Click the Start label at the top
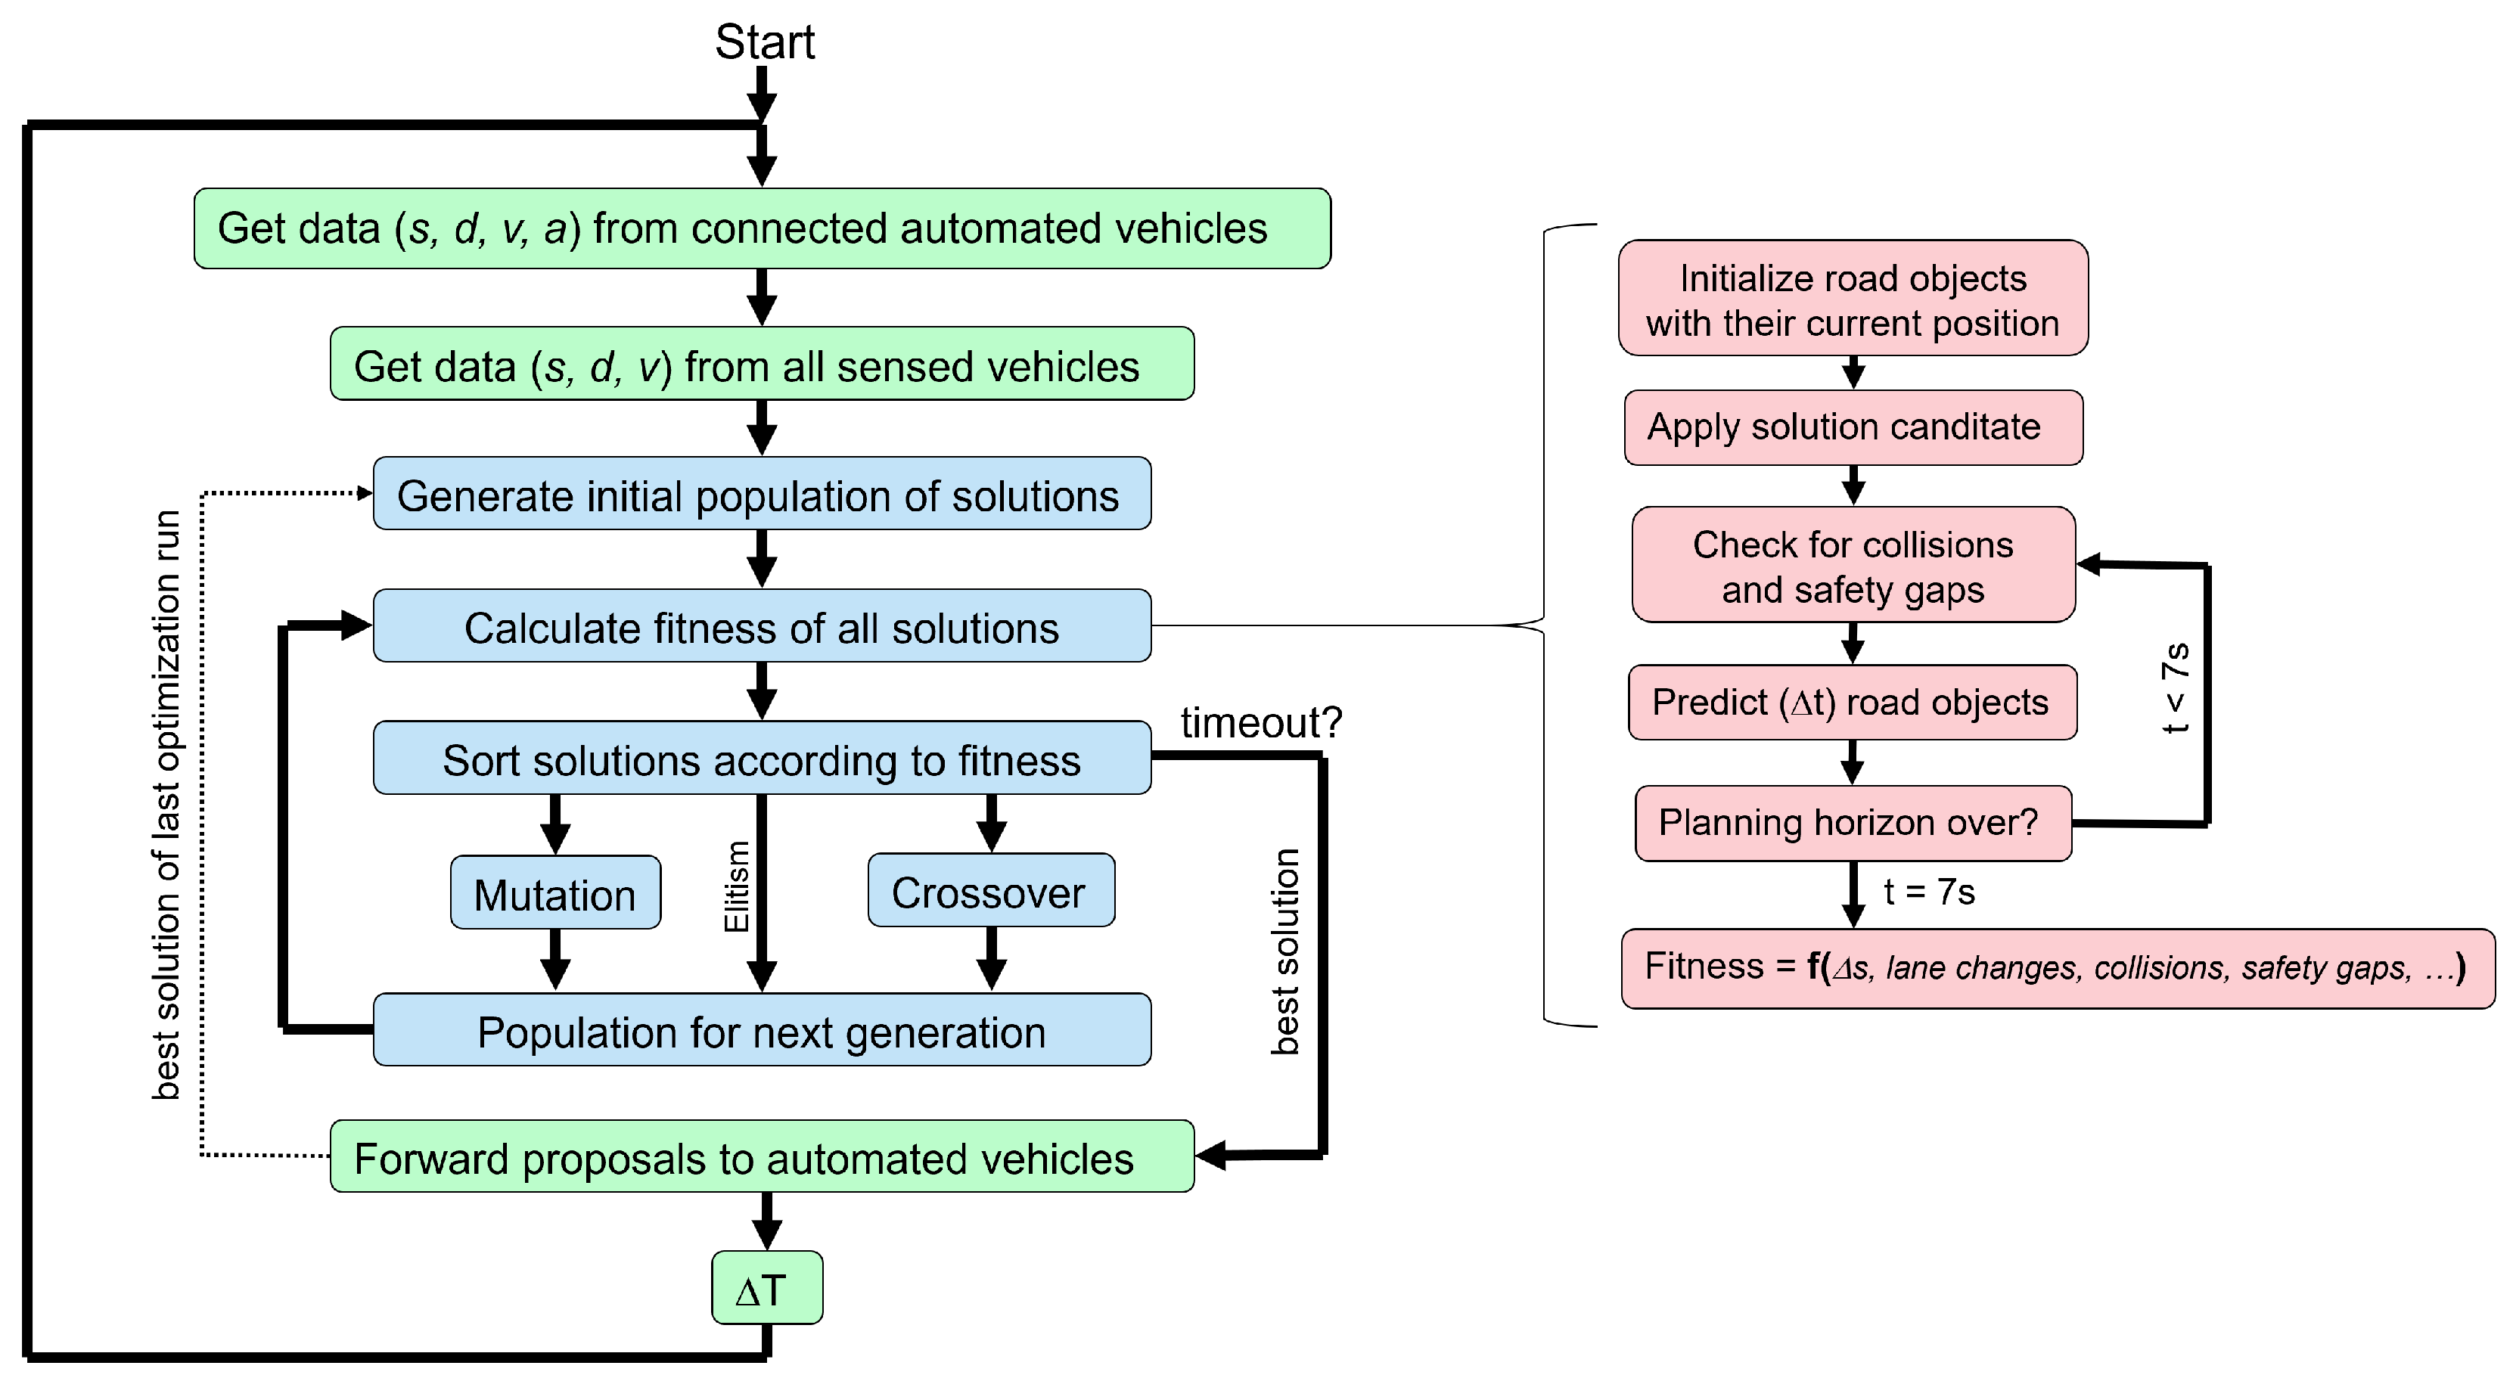tap(764, 42)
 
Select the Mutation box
tap(554, 892)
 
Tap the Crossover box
tap(990, 891)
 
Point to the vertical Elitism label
tap(737, 886)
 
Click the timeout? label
tap(1261, 723)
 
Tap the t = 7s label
tap(1929, 892)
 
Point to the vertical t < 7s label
tap(2176, 687)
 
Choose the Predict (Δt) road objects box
tap(1852, 702)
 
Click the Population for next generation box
tap(761, 1030)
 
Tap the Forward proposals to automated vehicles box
tap(761, 1156)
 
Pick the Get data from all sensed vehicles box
tap(761, 365)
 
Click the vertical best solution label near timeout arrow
tap(1285, 951)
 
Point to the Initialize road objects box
tap(1853, 299)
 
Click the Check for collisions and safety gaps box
tap(1853, 564)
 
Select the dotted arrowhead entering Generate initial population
tap(365, 493)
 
